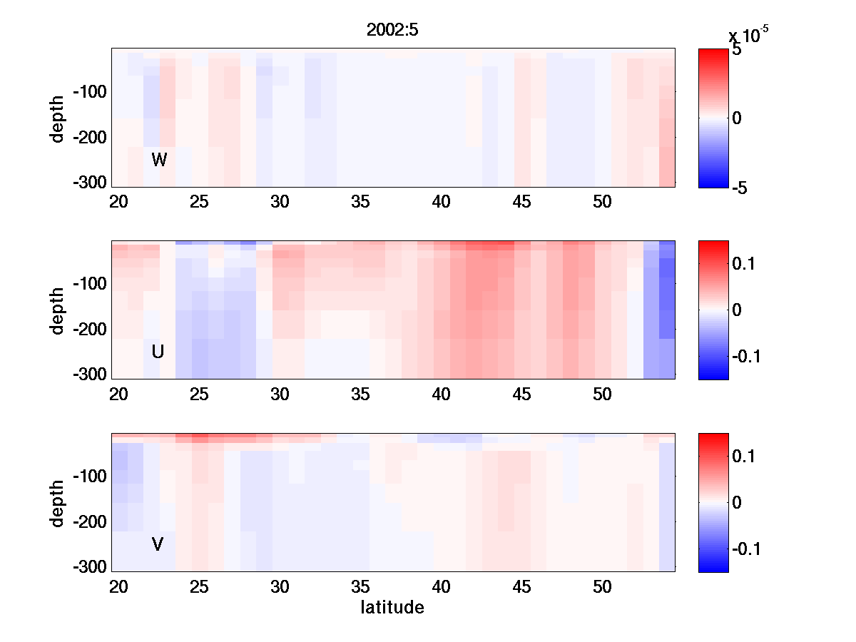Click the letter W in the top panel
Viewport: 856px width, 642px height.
click(159, 160)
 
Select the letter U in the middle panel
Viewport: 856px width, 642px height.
click(158, 352)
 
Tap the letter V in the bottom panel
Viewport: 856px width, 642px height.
click(158, 544)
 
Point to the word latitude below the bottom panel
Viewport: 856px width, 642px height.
click(392, 608)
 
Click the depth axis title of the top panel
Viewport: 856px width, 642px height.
click(58, 118)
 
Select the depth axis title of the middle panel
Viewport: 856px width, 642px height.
click(58, 310)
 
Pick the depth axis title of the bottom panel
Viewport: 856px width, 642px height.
click(58, 503)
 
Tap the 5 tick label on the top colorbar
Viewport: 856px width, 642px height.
click(737, 51)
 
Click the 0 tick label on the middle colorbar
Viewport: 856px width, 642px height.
click(738, 310)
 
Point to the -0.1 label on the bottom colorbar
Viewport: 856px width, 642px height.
click(746, 549)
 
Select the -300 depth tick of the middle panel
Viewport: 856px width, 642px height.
click(89, 374)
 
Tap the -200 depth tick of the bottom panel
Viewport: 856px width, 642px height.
click(89, 522)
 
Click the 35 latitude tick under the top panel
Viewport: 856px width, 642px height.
click(361, 202)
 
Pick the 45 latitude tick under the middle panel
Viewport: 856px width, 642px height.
click(522, 394)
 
